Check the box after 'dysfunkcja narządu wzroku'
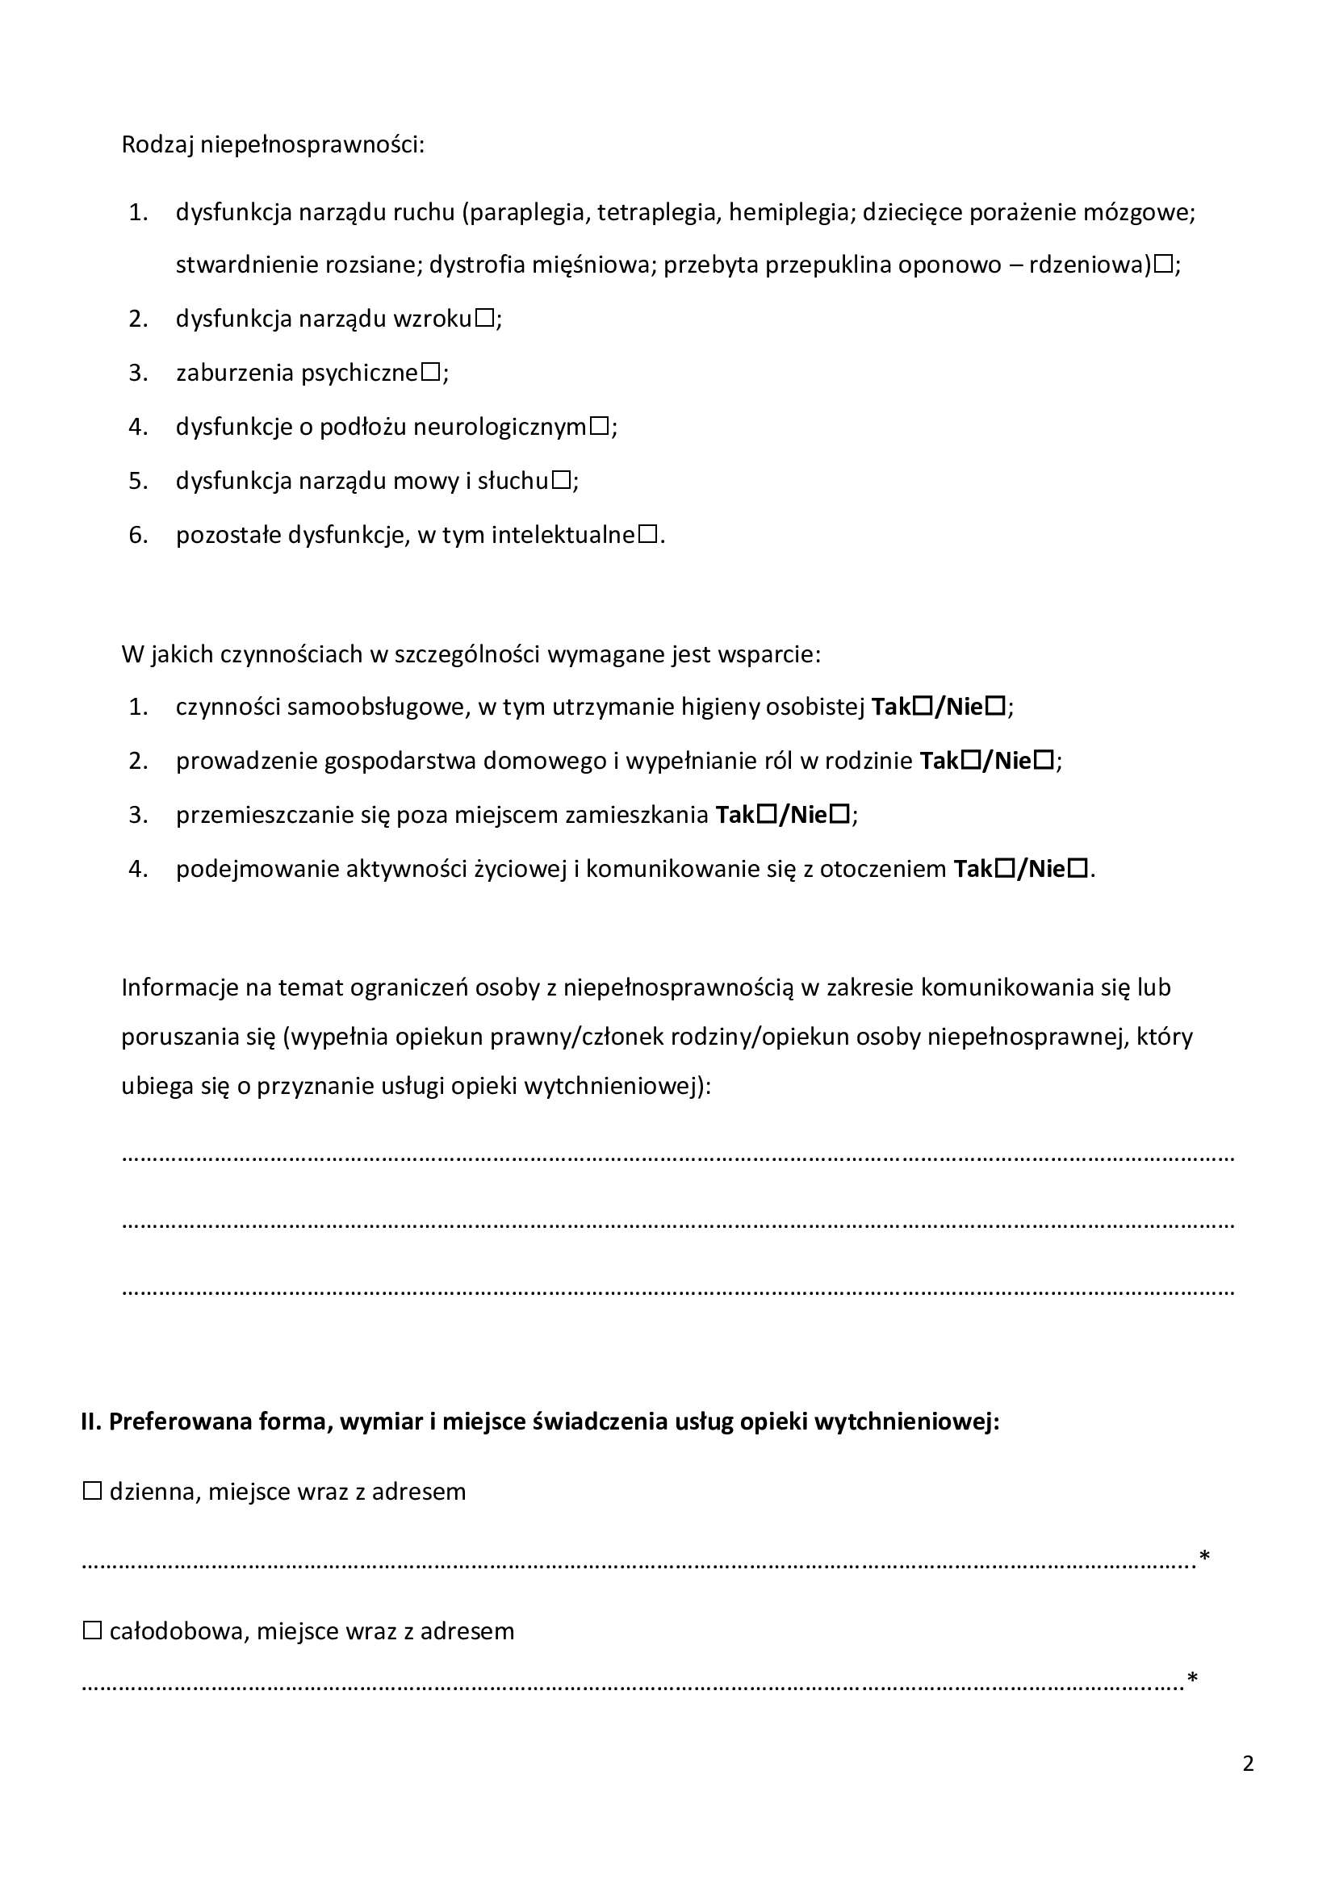point(484,318)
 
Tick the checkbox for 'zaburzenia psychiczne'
point(431,372)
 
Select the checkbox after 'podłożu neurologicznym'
point(599,427)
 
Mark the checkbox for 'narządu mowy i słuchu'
point(562,481)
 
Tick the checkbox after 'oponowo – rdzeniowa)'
point(1163,265)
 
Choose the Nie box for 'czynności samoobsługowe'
point(995,706)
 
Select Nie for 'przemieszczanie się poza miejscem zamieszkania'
point(840,815)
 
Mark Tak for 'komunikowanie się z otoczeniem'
point(1004,869)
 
